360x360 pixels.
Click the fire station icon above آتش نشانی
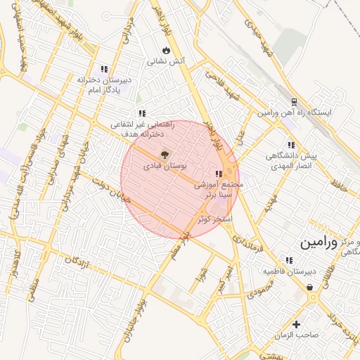[166, 51]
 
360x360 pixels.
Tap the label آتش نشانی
[166, 62]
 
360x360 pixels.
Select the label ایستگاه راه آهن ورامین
[298, 112]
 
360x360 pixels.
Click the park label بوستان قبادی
[165, 167]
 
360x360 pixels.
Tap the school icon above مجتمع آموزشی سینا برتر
[219, 173]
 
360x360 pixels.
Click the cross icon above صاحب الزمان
[297, 324]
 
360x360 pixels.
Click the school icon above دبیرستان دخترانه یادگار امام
[104, 69]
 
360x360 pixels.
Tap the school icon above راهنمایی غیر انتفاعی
[142, 112]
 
